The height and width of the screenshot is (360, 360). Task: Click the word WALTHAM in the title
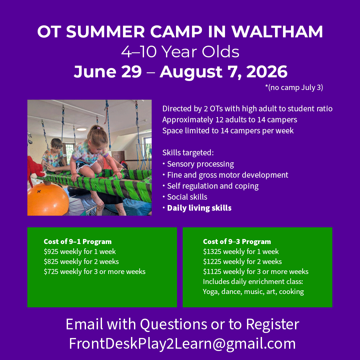coord(277,31)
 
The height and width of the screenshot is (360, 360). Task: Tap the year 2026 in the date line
coord(267,72)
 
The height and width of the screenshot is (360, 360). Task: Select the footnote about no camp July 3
coord(294,87)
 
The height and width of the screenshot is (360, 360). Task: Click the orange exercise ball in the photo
coord(48,199)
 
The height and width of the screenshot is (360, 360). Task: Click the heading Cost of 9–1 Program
coord(78,242)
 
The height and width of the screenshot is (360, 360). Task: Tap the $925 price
coord(51,252)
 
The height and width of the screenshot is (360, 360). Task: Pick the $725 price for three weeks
coord(51,272)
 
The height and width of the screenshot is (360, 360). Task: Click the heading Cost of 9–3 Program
coord(237,242)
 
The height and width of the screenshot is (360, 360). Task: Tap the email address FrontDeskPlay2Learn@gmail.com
coord(182,343)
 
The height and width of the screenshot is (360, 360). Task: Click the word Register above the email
coord(273,324)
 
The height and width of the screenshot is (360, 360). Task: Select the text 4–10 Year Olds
coord(180,52)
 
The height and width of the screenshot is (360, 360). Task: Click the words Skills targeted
coord(188,153)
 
